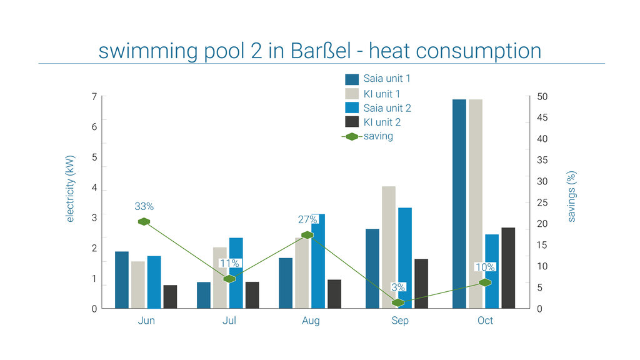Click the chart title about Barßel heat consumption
coord(319,51)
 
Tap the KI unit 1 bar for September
coord(389,247)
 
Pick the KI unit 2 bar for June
coord(170,297)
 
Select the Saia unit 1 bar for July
coord(204,295)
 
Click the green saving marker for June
coord(144,222)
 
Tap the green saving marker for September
coord(398,302)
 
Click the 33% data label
coord(144,206)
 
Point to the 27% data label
coord(307,219)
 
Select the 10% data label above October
coord(485,267)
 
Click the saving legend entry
coord(378,136)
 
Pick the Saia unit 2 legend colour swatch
coord(352,108)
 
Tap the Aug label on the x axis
coord(311,321)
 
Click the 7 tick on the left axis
coord(94,97)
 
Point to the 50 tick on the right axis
coord(542,97)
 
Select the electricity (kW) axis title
coord(70,189)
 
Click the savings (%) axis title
coord(571,196)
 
